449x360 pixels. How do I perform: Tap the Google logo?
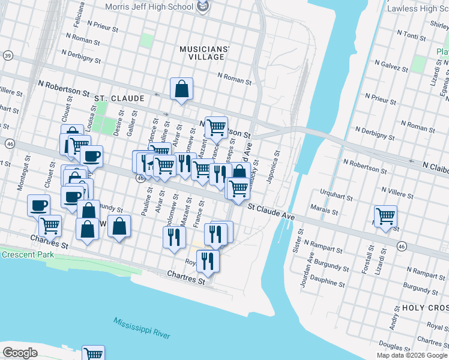(20, 352)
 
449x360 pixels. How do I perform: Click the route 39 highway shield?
(7, 55)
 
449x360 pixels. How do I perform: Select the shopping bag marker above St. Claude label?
(181, 89)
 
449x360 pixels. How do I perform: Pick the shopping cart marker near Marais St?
(385, 215)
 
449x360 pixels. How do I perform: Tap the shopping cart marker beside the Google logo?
(93, 353)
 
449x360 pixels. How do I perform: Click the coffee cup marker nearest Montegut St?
(39, 205)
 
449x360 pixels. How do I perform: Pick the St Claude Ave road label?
(272, 212)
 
